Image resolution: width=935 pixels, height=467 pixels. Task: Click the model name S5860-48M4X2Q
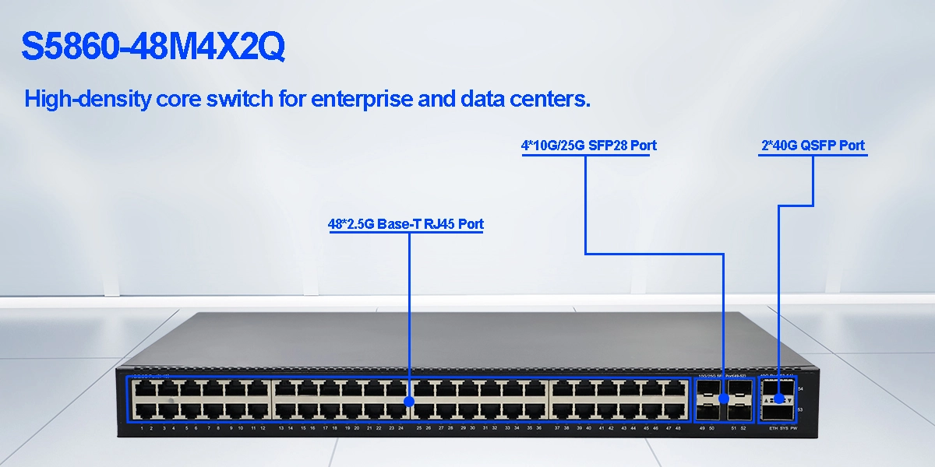tap(153, 47)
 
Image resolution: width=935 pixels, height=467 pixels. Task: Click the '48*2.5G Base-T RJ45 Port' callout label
tap(405, 224)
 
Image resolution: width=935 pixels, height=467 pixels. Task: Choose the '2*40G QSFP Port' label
tap(813, 146)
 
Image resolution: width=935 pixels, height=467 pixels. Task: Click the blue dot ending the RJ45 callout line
tap(410, 401)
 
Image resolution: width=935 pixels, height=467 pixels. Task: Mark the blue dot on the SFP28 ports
tap(723, 399)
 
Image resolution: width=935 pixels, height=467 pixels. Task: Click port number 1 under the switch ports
tap(141, 429)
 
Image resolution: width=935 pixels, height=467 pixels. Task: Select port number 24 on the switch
tap(400, 429)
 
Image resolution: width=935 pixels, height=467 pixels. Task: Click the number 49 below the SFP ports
tap(703, 429)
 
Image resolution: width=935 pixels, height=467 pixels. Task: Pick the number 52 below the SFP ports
tap(743, 429)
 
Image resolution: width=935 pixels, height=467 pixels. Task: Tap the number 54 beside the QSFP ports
tap(801, 388)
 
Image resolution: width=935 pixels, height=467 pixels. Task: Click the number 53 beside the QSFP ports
tap(801, 409)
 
